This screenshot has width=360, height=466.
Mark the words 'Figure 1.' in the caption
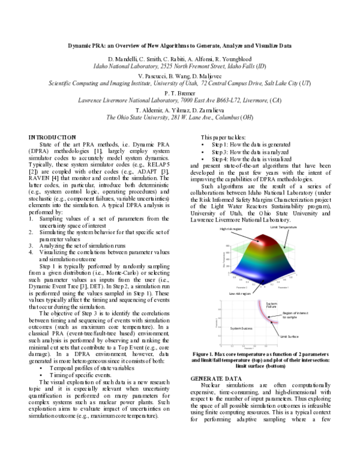(x=211, y=354)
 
